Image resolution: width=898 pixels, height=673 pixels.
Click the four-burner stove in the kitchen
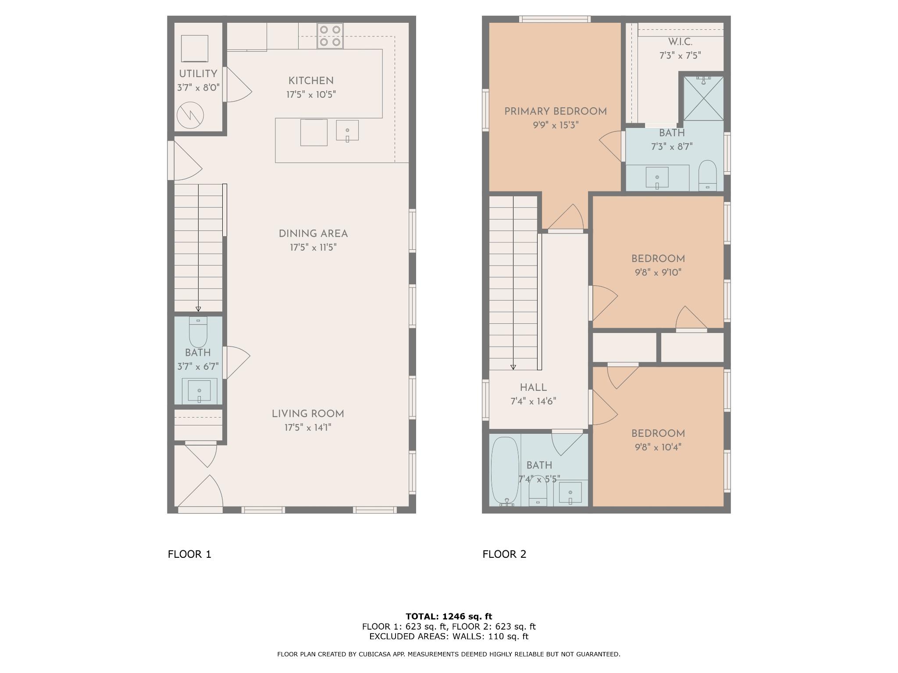(330, 36)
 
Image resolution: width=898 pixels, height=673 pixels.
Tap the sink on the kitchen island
(347, 131)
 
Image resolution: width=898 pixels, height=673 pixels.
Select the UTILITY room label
(198, 74)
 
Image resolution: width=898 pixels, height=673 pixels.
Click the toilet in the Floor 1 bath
(198, 332)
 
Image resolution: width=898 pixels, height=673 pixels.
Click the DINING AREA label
(313, 234)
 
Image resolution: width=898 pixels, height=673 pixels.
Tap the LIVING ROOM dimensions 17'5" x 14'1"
(308, 428)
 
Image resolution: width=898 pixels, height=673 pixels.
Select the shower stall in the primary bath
(704, 98)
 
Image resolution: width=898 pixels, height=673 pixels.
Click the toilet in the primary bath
(707, 176)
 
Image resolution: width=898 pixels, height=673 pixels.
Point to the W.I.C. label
(681, 42)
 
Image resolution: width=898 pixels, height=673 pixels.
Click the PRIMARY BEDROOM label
(556, 111)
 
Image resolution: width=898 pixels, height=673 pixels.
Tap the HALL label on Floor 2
(533, 387)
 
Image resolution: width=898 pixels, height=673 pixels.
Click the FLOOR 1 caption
(189, 554)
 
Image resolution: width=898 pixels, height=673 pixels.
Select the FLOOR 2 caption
(504, 554)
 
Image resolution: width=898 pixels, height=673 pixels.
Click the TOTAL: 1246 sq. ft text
(449, 616)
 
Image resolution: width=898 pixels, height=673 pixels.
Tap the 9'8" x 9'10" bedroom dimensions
(658, 273)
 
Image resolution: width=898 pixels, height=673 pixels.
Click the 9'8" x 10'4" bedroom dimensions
(658, 447)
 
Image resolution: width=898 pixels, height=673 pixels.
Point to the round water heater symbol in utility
(190, 115)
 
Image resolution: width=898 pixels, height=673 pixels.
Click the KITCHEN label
(311, 81)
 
